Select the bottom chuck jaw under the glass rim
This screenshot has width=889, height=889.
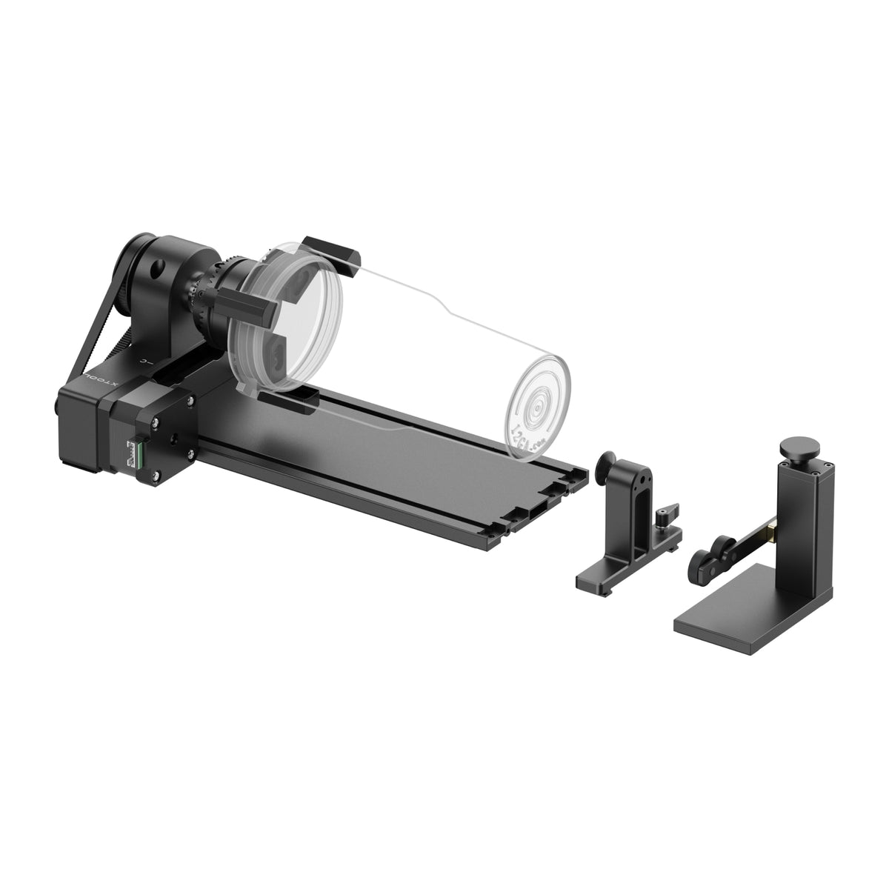click(290, 401)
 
